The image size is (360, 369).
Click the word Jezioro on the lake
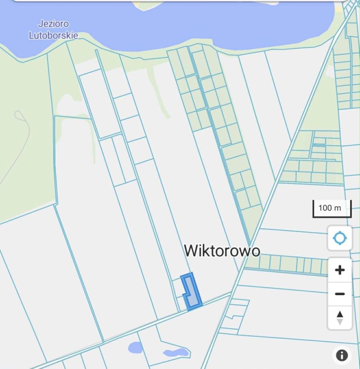[x=54, y=24]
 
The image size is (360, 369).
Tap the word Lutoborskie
[x=54, y=35]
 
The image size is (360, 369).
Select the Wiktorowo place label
[x=222, y=251]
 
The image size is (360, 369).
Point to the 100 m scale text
[x=330, y=208]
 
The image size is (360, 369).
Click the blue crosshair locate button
[x=340, y=238]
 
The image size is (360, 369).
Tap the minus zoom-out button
[x=340, y=294]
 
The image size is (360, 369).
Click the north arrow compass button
[x=340, y=318]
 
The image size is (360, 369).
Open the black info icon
[x=342, y=355]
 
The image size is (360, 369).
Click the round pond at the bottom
[x=135, y=347]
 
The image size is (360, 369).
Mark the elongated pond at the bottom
[x=175, y=352]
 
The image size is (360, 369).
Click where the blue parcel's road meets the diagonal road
[x=230, y=293]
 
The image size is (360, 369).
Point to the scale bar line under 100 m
[x=332, y=216]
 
